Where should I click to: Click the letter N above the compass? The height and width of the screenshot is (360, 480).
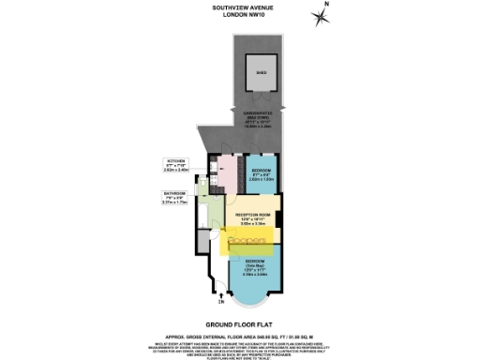tap(328, 4)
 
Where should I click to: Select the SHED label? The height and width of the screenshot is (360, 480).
tap(262, 69)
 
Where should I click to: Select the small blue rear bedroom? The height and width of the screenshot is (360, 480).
tap(255, 172)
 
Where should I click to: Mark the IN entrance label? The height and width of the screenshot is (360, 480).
tap(222, 303)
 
